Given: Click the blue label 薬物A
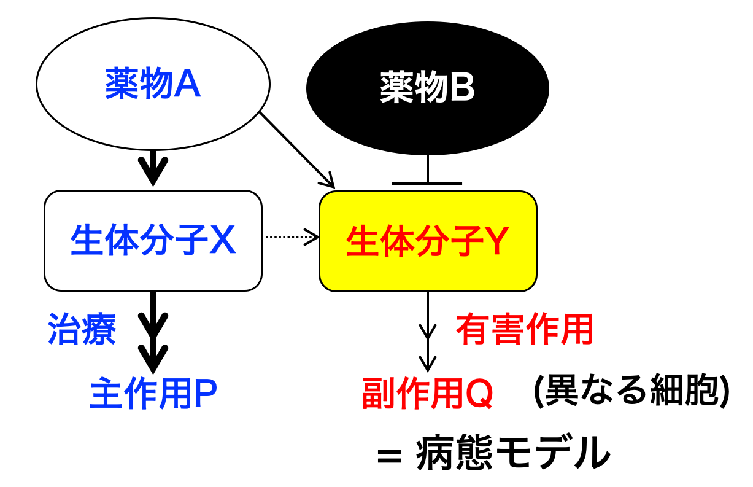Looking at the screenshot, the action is pos(153,83).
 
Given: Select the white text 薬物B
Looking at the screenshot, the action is pos(427,87).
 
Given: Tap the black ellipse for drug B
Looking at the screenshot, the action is pos(428,88).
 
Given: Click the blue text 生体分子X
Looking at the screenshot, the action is pos(153,240).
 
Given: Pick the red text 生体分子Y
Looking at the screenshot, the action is pos(428,241).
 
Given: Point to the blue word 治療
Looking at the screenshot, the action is pos(82,329).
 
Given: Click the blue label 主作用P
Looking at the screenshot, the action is pos(153,393).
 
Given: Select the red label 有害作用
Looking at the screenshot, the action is pos(525,329).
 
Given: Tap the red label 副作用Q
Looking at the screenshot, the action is pos(428,393).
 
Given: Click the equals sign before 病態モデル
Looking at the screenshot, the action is pos(389,456).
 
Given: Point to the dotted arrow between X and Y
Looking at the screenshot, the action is pos(292,237).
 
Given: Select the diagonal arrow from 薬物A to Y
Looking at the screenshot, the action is pos(298,150).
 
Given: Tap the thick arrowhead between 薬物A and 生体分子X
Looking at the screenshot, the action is pos(153,171).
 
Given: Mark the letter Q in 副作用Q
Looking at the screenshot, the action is pos(479,394).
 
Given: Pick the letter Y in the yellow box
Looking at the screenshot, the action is pos(495,241).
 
